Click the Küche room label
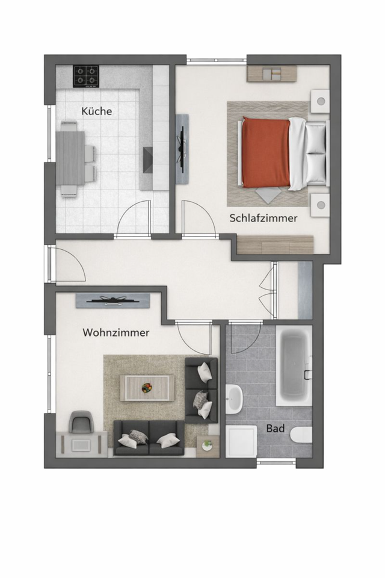click(97, 111)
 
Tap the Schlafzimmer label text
click(263, 219)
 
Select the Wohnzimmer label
click(116, 332)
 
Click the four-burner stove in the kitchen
click(86, 76)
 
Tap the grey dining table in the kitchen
click(70, 158)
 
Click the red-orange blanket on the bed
click(265, 153)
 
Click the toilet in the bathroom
click(300, 434)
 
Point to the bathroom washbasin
click(234, 399)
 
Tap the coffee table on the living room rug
click(147, 387)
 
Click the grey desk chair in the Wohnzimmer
click(81, 421)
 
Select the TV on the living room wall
click(112, 300)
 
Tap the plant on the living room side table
click(208, 445)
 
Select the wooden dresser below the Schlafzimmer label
click(275, 245)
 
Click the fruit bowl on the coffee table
click(147, 388)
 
